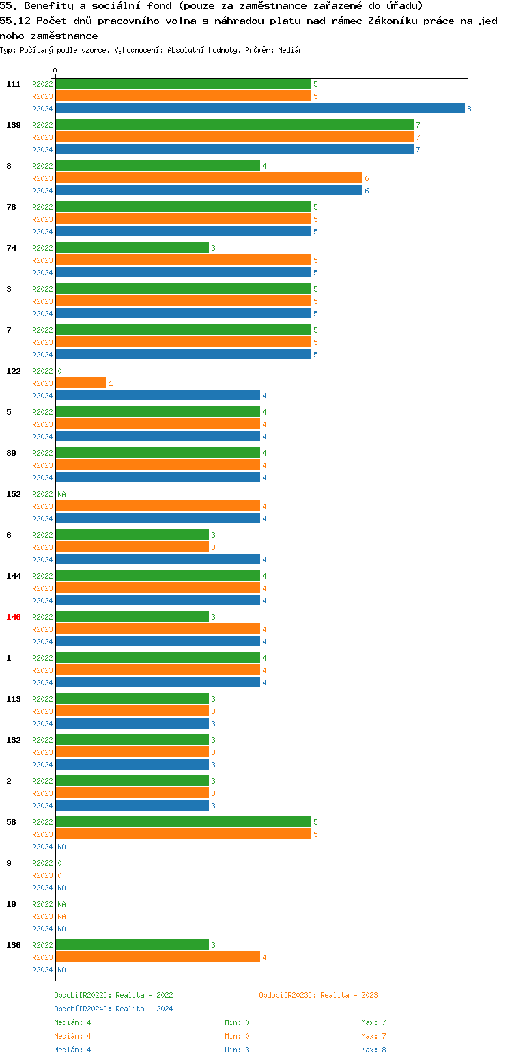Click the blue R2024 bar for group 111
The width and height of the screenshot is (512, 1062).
[x=259, y=109]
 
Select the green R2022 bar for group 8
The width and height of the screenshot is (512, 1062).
[x=157, y=166]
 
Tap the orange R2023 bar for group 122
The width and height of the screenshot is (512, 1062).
[x=81, y=383]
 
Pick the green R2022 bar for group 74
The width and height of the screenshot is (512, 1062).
[x=132, y=248]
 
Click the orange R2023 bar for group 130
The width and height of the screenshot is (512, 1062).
[x=157, y=957]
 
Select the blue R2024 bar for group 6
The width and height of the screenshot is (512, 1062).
[x=157, y=560]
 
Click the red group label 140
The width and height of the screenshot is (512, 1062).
[x=14, y=617]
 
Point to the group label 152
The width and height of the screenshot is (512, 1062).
[x=14, y=494]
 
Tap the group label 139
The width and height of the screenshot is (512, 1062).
[x=14, y=125]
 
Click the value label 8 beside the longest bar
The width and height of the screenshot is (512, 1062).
[x=469, y=109]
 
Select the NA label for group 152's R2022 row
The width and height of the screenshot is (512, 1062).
[x=61, y=494]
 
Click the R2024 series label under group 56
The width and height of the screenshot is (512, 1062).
[x=42, y=847]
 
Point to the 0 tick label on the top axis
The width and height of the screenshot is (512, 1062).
[x=55, y=70]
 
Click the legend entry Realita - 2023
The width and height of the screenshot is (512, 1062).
[x=318, y=995]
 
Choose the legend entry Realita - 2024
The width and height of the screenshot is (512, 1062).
[x=113, y=1009]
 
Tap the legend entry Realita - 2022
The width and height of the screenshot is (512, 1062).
[x=113, y=995]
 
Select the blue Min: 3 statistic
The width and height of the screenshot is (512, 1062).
[x=237, y=1050]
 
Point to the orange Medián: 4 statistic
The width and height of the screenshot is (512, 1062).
[x=72, y=1036]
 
